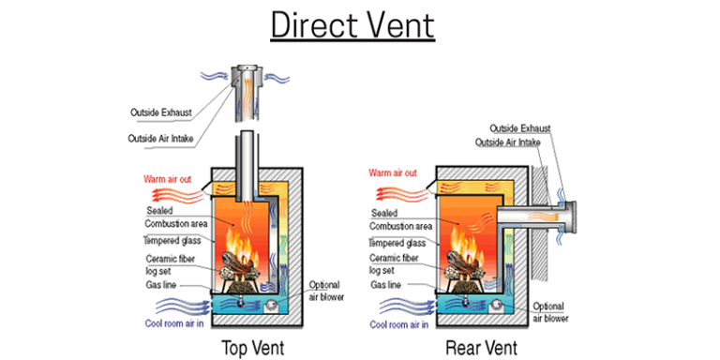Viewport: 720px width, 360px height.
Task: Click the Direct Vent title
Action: coord(352,24)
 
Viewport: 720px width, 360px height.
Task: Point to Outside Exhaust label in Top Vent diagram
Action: coord(161,112)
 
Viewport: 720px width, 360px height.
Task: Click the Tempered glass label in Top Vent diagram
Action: coord(170,240)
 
